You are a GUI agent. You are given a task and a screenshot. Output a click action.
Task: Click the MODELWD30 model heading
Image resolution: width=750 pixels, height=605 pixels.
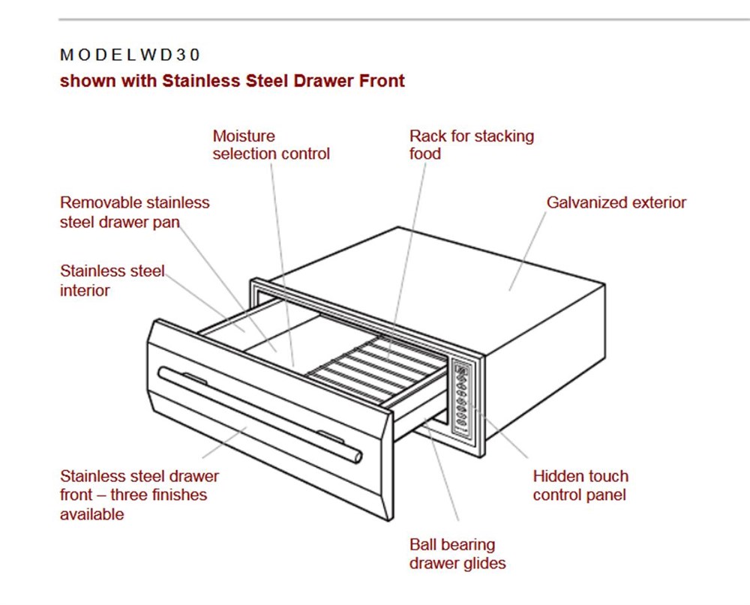(x=130, y=55)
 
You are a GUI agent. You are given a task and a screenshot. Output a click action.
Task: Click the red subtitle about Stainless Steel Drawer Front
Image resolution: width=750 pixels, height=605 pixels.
(x=232, y=81)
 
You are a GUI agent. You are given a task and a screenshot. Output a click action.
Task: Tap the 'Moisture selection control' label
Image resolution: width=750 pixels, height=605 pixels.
(x=271, y=145)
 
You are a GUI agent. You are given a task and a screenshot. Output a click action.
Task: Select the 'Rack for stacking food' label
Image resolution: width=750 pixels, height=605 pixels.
(x=471, y=145)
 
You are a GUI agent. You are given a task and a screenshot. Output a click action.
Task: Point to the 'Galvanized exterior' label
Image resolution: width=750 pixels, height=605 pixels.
(x=616, y=202)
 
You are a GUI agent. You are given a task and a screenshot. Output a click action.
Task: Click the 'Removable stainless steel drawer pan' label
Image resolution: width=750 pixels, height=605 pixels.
(x=134, y=211)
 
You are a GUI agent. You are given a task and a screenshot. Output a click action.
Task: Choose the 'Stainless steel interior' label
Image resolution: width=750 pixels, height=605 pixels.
(x=112, y=280)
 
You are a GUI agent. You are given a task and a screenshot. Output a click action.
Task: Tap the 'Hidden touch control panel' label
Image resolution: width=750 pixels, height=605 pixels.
(x=580, y=485)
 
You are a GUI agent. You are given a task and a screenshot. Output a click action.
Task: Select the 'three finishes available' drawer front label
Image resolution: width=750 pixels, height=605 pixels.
(x=139, y=495)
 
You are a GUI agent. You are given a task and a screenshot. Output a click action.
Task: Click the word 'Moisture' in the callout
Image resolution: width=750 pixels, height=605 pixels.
(x=244, y=136)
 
